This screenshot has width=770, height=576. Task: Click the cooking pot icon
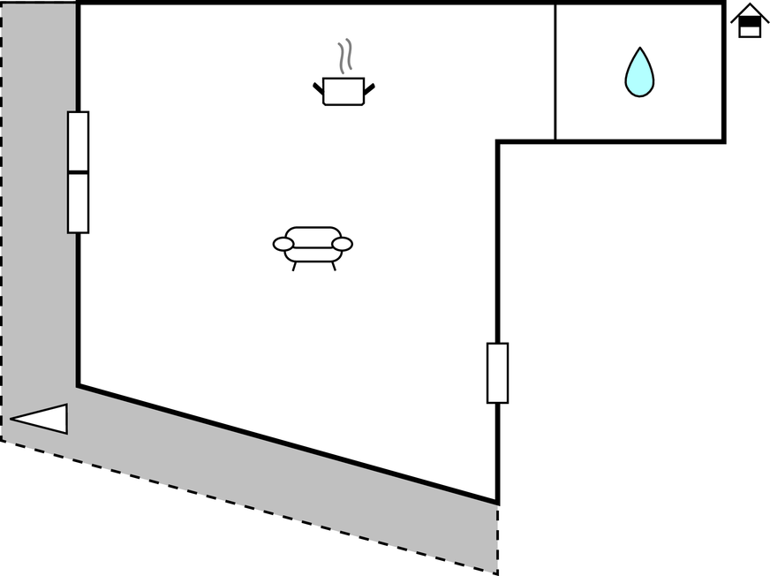(343, 92)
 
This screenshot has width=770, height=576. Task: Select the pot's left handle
(318, 87)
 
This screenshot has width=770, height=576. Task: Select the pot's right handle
(369, 87)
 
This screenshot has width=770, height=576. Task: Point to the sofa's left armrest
(283, 244)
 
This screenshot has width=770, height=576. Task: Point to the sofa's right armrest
(343, 244)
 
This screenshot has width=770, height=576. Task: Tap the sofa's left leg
(294, 266)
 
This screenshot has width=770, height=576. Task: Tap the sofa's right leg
(334, 266)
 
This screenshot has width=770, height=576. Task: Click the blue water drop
(639, 74)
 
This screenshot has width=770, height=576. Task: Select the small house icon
(750, 21)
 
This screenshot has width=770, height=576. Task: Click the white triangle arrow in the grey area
(42, 419)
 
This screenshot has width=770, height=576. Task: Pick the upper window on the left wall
(79, 140)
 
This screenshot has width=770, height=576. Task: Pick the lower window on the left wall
(79, 202)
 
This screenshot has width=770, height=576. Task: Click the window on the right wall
(498, 373)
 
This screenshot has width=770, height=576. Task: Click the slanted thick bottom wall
(287, 444)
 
